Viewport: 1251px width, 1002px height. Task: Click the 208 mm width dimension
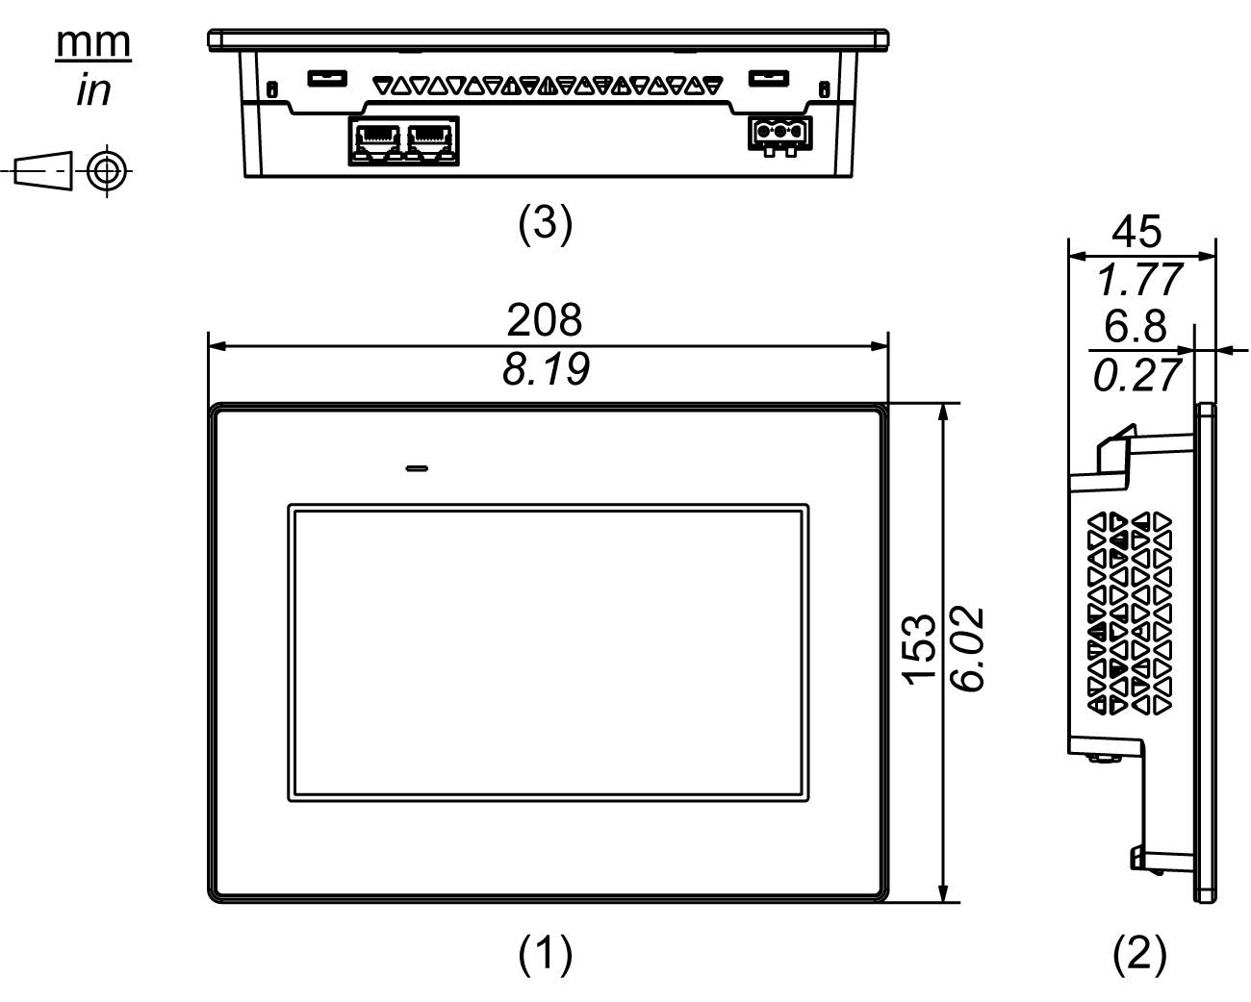click(545, 320)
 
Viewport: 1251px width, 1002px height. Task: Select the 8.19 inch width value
click(545, 369)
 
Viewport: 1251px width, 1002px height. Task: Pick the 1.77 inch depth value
click(1138, 280)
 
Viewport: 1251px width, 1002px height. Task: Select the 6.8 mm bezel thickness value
click(1135, 327)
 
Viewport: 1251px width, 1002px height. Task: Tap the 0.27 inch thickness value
click(1136, 375)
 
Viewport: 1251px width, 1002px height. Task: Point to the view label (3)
click(546, 223)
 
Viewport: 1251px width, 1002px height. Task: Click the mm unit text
click(92, 42)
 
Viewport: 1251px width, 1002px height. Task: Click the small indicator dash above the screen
click(418, 469)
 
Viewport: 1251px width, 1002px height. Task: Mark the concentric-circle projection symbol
click(107, 172)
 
